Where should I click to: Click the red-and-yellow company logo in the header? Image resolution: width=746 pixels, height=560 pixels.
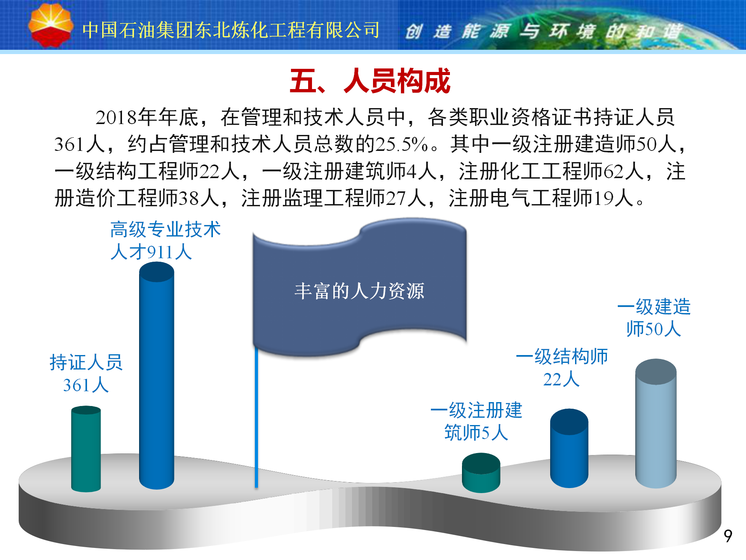pyautogui.click(x=51, y=26)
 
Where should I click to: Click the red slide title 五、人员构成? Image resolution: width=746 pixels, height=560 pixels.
pyautogui.click(x=370, y=81)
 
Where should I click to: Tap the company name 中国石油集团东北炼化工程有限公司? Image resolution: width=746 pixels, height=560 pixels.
pyautogui.click(x=231, y=30)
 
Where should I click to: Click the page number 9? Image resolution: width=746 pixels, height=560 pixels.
pyautogui.click(x=728, y=536)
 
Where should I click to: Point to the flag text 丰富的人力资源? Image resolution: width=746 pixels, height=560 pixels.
pyautogui.click(x=359, y=291)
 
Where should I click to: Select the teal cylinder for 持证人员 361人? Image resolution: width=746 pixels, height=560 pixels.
pyautogui.click(x=86, y=449)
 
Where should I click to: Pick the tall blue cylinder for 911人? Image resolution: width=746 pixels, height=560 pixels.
pyautogui.click(x=157, y=375)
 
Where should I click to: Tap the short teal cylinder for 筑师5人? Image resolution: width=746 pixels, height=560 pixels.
pyautogui.click(x=481, y=472)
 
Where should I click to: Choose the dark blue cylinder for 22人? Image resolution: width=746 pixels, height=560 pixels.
pyautogui.click(x=569, y=448)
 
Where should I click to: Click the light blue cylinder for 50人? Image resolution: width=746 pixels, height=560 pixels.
pyautogui.click(x=656, y=423)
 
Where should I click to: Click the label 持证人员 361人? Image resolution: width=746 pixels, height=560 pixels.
pyautogui.click(x=86, y=374)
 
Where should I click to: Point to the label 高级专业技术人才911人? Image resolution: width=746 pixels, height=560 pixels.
pyautogui.click(x=165, y=240)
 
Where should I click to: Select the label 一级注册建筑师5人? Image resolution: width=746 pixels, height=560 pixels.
pyautogui.click(x=476, y=422)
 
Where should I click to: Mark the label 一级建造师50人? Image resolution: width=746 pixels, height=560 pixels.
pyautogui.click(x=654, y=318)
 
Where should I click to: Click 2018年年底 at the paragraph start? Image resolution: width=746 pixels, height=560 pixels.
pyautogui.click(x=147, y=117)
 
